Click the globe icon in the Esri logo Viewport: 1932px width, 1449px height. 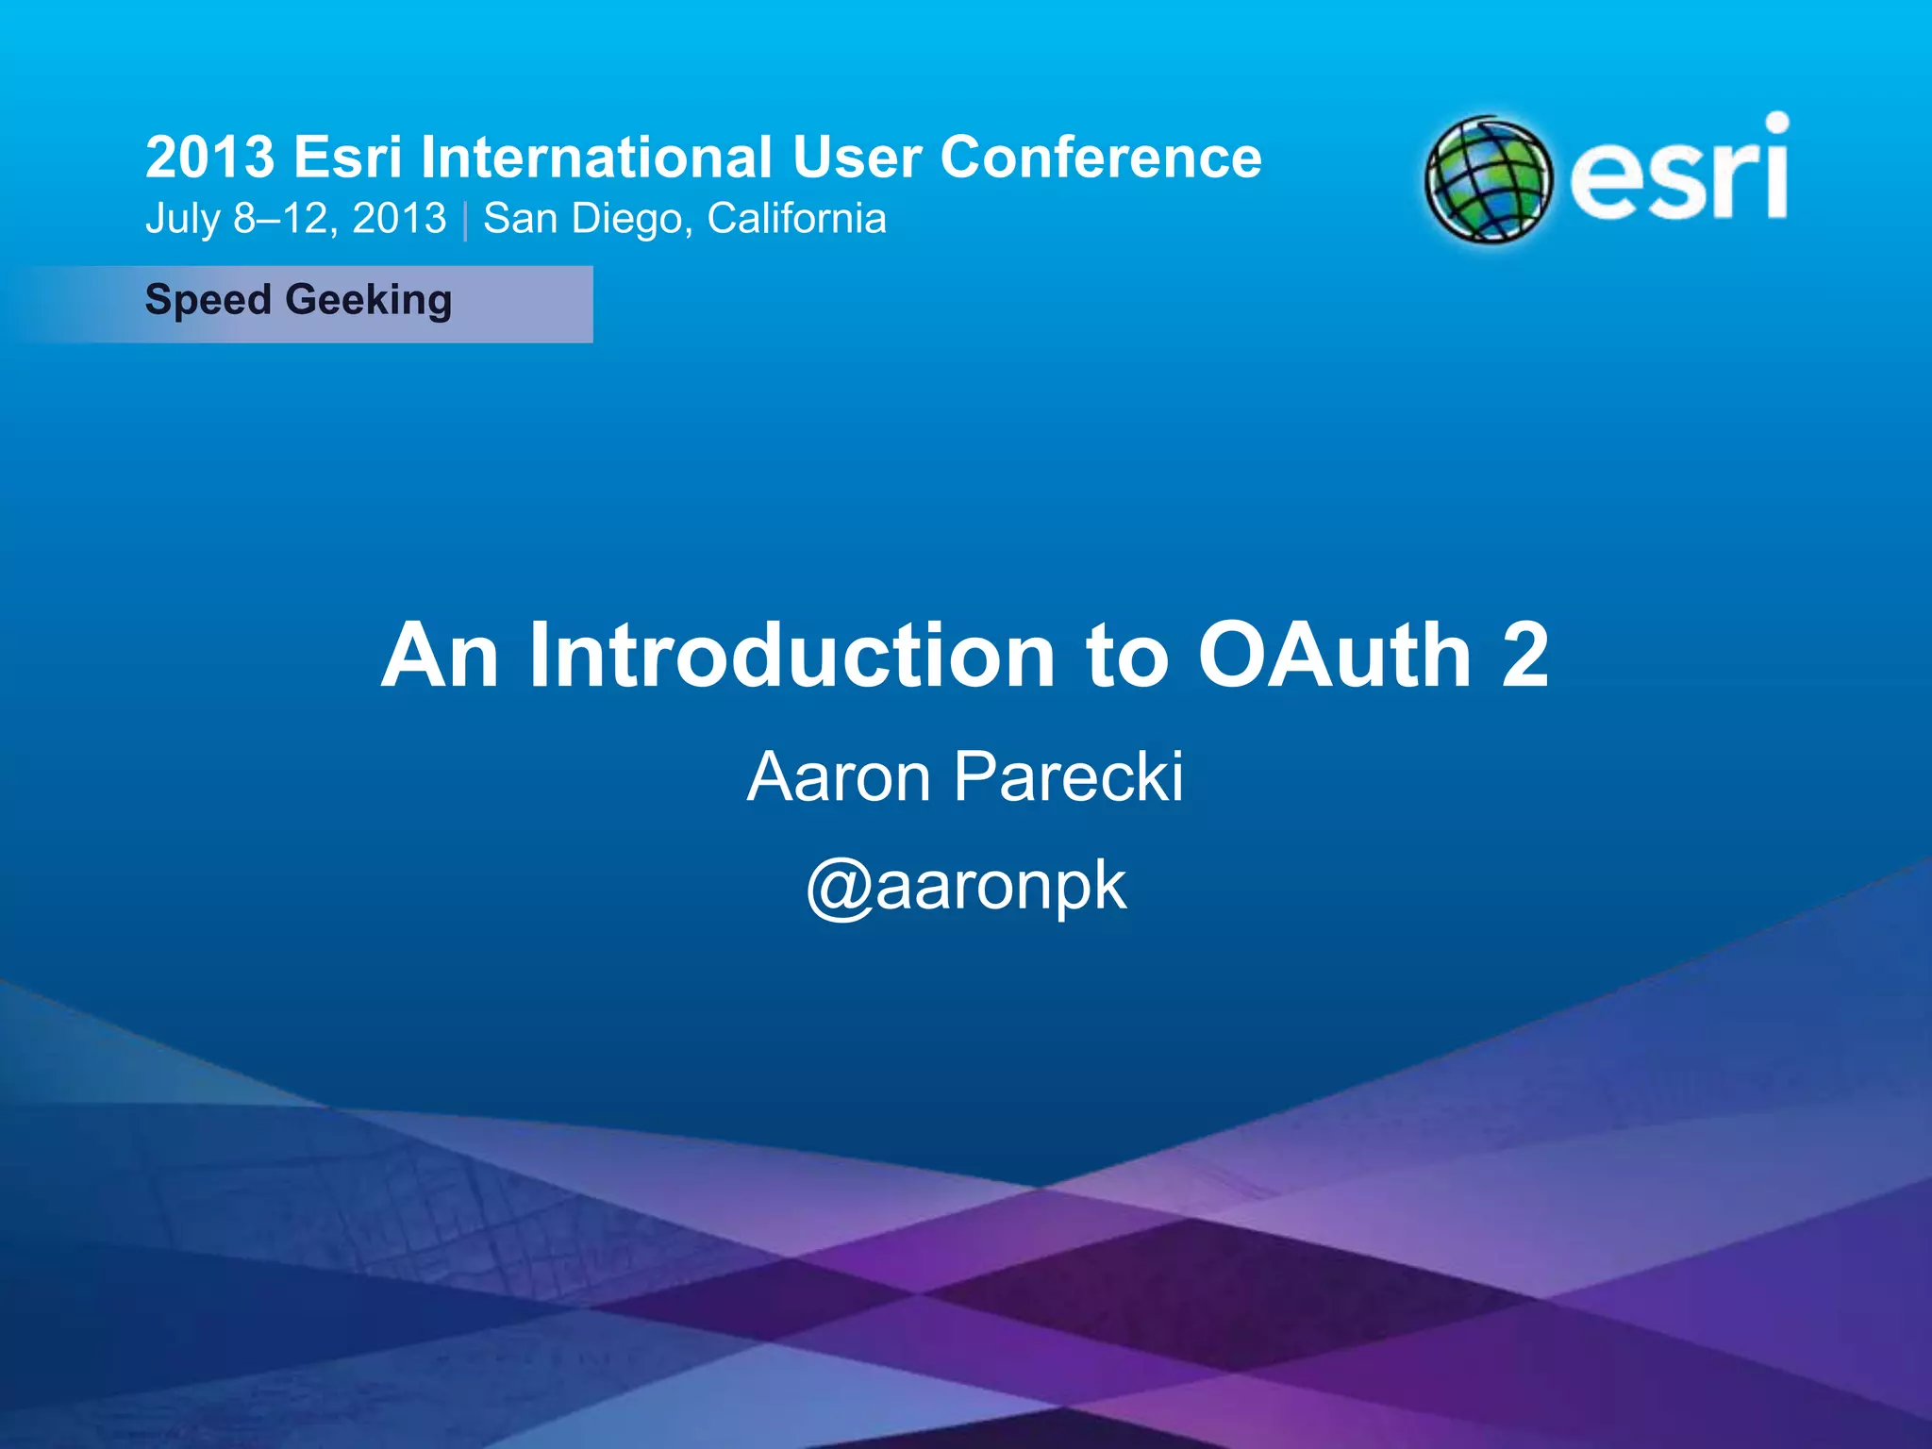[x=1489, y=179]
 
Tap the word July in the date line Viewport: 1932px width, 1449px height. [x=182, y=220]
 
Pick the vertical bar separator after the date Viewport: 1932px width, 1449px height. [x=465, y=221]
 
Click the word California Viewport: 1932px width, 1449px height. [x=796, y=219]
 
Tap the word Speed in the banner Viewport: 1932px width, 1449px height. [x=208, y=301]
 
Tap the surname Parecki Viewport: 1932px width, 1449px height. [x=1068, y=777]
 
